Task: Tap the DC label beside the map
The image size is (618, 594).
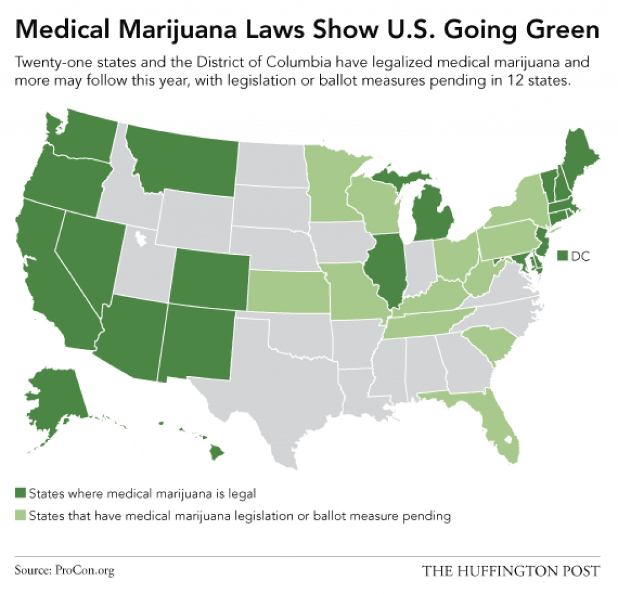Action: click(x=580, y=256)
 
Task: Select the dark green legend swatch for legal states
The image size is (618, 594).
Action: click(x=21, y=493)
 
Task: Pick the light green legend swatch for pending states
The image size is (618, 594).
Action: click(x=21, y=516)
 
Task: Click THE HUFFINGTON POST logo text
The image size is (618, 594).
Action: click(x=511, y=570)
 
